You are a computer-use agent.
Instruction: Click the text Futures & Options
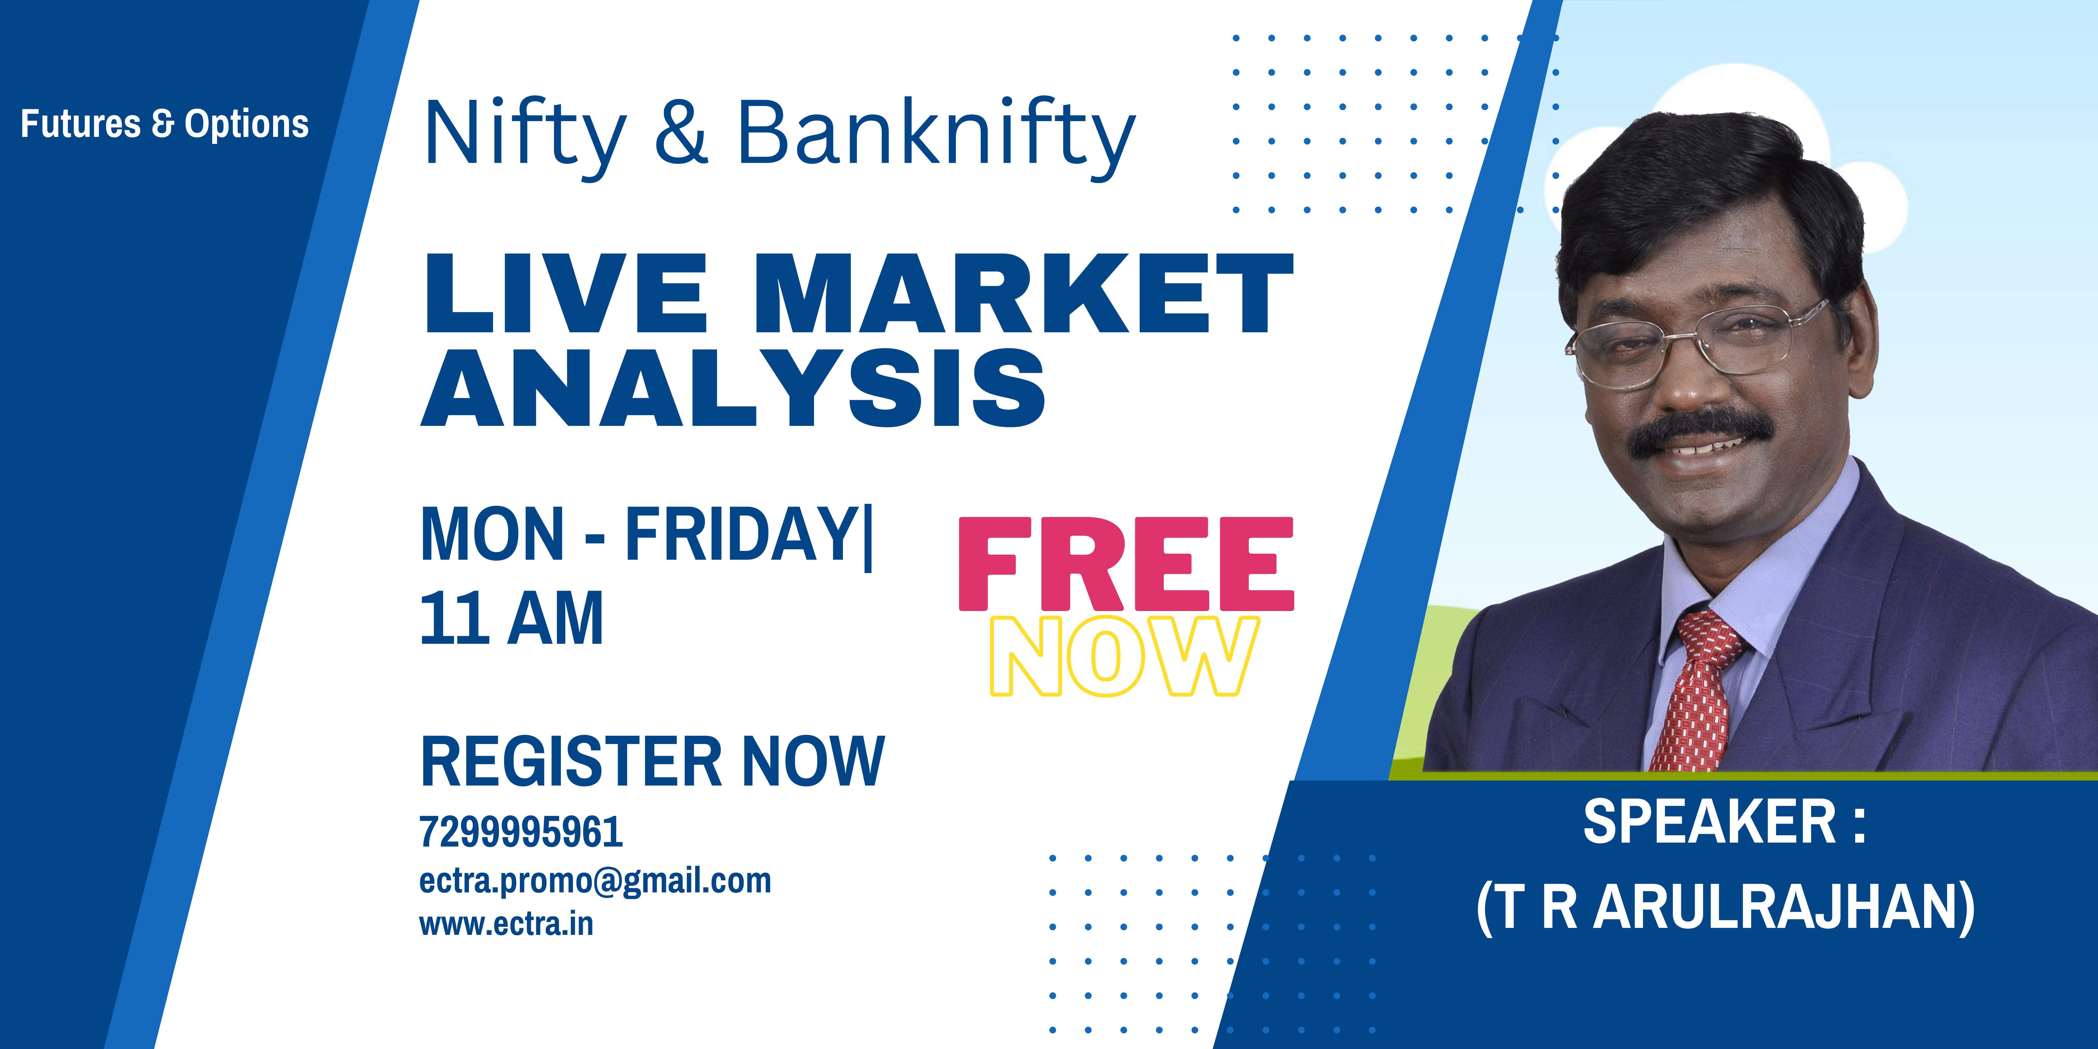click(165, 124)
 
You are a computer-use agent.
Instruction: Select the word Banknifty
click(937, 134)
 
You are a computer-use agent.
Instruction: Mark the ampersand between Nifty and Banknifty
click(683, 133)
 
